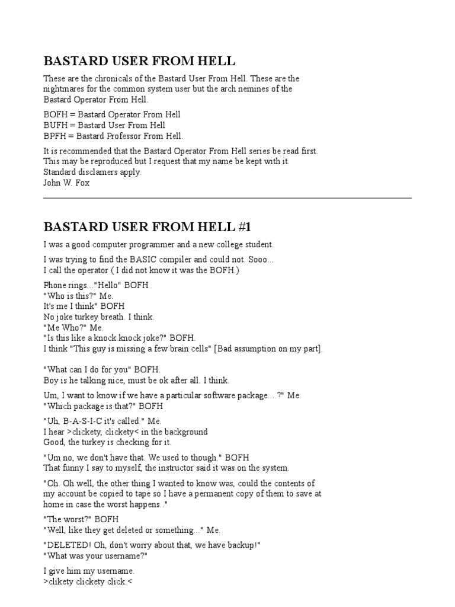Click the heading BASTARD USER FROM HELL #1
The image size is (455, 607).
click(151, 226)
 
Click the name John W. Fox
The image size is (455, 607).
click(66, 183)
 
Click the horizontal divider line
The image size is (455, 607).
click(227, 198)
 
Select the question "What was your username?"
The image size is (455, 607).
click(95, 556)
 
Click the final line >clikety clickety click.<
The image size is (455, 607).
click(85, 582)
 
